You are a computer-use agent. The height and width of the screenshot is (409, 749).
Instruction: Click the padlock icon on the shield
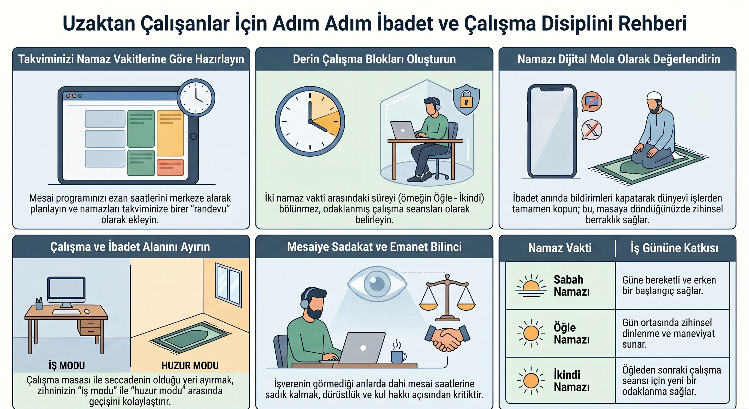click(x=466, y=99)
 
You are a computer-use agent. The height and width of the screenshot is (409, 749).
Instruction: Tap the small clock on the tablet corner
click(x=196, y=98)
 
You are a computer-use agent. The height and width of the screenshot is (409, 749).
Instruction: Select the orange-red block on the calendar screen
click(x=170, y=167)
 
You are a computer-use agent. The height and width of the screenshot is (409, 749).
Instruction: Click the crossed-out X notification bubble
click(x=591, y=130)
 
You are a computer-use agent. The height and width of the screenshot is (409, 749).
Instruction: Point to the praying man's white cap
click(x=654, y=96)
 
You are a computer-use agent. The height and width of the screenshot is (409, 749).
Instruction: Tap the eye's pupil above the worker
click(x=377, y=283)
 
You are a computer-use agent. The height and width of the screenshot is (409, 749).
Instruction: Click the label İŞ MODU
click(x=67, y=365)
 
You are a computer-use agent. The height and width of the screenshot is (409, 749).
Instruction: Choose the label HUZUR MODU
click(x=190, y=365)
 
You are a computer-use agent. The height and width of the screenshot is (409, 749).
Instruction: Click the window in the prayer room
click(x=228, y=285)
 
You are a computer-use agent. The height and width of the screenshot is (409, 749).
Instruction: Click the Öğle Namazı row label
click(x=571, y=333)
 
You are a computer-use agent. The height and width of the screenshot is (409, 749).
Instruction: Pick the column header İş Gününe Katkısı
click(x=674, y=248)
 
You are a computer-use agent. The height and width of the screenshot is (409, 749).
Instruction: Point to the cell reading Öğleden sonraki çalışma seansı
click(x=671, y=380)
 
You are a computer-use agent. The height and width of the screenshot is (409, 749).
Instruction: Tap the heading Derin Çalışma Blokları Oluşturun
click(x=374, y=59)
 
